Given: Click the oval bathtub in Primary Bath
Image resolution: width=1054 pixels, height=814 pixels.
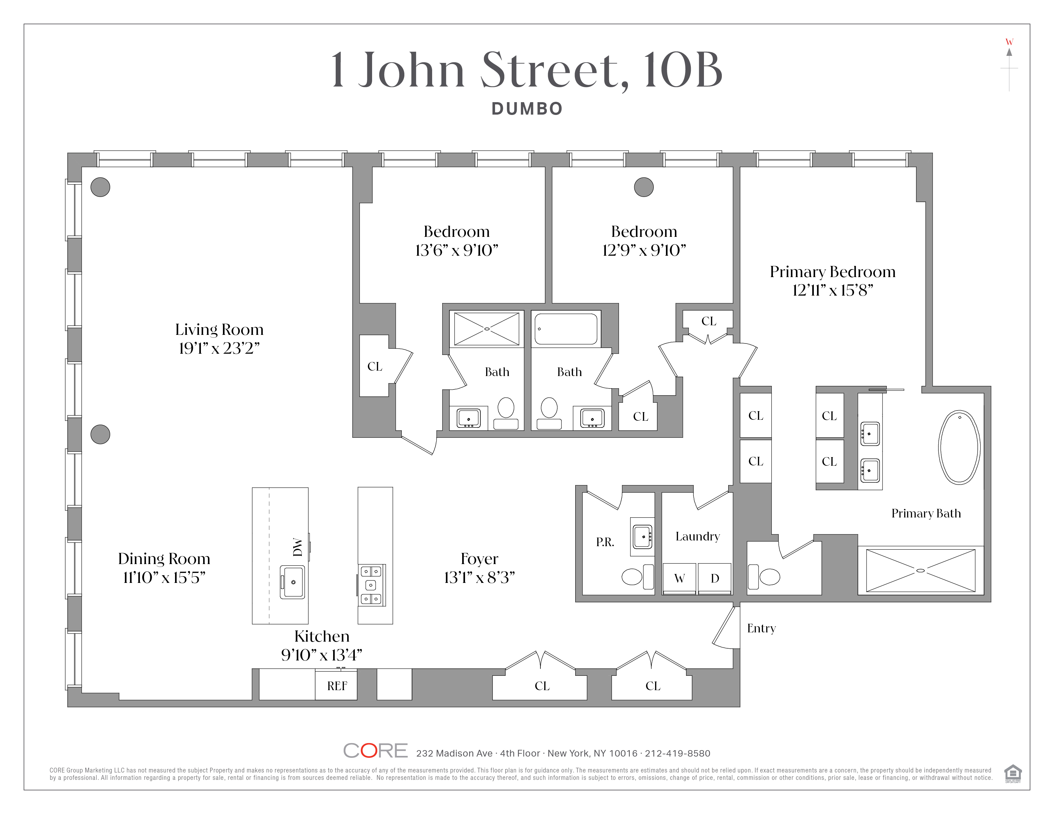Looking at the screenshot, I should point(959,447).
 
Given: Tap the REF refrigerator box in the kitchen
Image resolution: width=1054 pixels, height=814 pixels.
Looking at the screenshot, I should point(336,686).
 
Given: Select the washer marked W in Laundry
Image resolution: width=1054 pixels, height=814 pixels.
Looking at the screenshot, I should point(679,578).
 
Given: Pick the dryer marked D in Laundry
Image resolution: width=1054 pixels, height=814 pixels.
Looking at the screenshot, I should point(715,578).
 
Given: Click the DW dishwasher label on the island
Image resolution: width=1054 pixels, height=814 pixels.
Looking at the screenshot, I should point(298,547).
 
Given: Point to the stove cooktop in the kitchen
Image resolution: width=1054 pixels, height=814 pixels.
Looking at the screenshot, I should point(371,585).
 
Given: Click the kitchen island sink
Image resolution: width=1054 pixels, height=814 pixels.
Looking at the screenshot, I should point(293,582).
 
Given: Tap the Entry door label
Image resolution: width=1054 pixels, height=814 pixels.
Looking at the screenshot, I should point(761,628).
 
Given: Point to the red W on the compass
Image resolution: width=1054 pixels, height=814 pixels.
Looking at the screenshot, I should point(1009,42).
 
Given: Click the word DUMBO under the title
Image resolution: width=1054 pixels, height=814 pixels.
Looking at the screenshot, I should point(527,109).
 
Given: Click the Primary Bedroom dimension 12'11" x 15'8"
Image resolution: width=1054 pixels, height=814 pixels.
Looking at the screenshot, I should point(832,290).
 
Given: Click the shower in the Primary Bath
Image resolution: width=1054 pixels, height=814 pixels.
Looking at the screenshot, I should point(920,570).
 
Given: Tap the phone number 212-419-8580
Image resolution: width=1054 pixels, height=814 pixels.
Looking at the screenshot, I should point(677,753).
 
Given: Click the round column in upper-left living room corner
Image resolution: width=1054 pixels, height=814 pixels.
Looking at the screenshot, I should point(100,187).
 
